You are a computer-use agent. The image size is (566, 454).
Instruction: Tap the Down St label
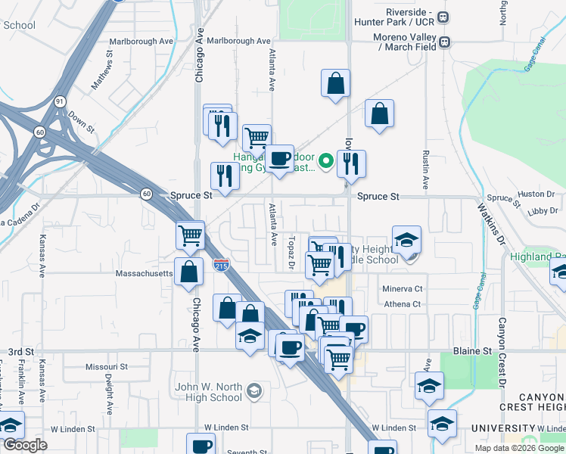(80, 121)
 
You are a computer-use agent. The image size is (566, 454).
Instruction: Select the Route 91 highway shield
(60, 101)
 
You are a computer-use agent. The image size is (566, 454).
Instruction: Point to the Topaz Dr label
(291, 252)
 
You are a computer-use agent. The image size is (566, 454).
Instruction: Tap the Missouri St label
(106, 366)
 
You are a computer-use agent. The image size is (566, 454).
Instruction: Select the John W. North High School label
(208, 393)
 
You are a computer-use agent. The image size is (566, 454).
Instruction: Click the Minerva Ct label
(402, 289)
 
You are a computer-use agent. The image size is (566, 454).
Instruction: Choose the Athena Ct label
(402, 304)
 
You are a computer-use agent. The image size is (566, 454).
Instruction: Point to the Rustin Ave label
(425, 169)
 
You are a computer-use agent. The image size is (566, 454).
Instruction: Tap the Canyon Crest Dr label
(501, 351)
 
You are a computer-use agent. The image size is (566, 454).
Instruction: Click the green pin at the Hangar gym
(326, 160)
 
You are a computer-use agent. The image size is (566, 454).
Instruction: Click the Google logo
(25, 445)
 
